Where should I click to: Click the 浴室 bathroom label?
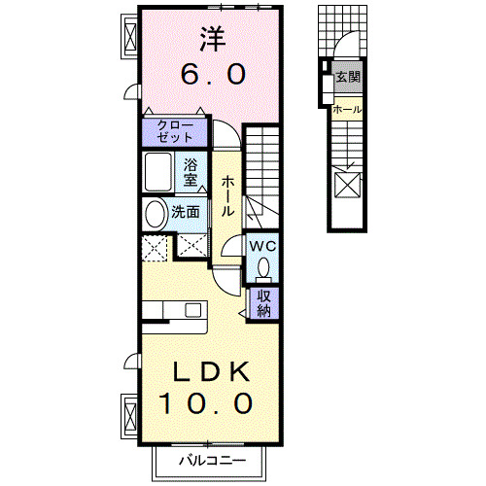pos(191,172)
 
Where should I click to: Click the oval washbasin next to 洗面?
pos(155,214)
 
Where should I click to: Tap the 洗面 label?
pos(187,211)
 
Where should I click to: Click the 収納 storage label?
pos(264,304)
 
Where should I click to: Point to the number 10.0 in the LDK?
pos(207,401)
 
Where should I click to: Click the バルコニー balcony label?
pos(211,461)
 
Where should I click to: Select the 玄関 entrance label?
pos(347,77)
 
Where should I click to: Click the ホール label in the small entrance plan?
pos(347,110)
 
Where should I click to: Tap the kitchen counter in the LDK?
pos(175,311)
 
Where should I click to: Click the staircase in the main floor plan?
pos(262,170)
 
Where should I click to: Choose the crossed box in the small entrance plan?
pos(346,185)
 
